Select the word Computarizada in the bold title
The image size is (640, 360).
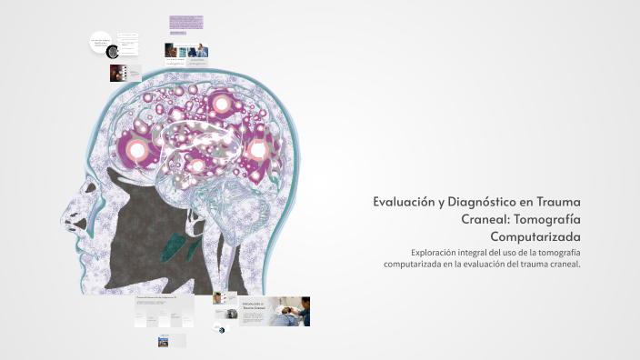click(x=535, y=237)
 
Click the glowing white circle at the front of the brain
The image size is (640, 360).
click(x=138, y=149)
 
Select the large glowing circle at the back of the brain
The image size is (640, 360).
click(x=258, y=149)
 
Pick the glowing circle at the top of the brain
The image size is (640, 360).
click(x=221, y=104)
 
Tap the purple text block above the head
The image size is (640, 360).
click(x=185, y=22)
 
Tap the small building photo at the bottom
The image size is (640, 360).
click(x=164, y=342)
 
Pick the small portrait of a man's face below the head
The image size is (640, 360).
click(x=219, y=298)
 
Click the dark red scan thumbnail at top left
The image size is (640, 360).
click(x=117, y=73)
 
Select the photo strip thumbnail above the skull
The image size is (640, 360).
click(x=186, y=50)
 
